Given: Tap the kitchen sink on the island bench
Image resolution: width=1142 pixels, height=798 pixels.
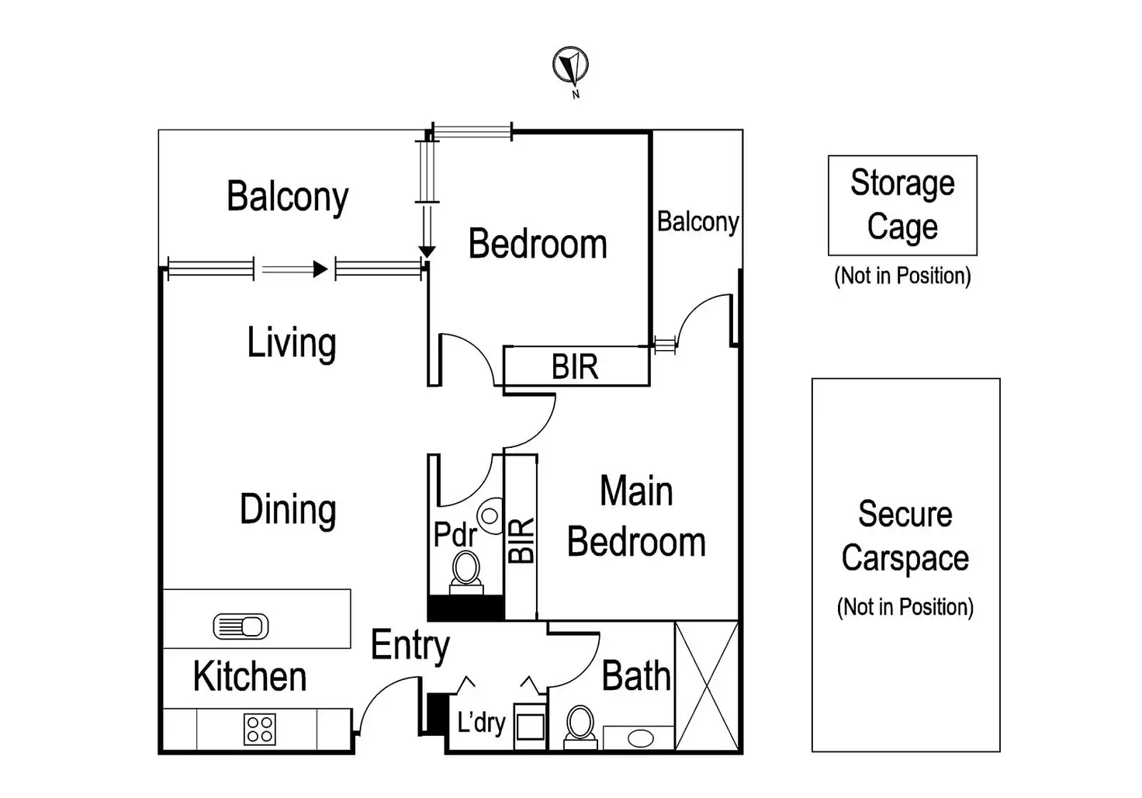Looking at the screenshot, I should coord(241,626).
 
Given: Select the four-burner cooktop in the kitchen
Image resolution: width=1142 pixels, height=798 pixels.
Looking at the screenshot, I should coord(259,730).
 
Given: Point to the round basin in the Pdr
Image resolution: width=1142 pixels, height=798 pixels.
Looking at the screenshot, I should coord(490,515).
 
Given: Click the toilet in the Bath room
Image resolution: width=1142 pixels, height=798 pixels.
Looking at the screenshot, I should coord(580,725).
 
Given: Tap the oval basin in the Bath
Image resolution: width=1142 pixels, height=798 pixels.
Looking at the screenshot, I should coord(640,737).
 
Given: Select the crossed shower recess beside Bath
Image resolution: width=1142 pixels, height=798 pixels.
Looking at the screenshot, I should coord(706,685).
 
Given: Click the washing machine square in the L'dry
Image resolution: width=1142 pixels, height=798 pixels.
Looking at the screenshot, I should coord(531,727).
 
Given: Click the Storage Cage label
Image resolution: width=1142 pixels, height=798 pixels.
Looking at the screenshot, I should coord(902,204).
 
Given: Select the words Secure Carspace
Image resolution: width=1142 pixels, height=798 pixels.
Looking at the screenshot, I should coord(905,536).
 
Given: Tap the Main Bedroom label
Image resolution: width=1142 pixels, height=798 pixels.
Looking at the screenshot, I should coord(636,517).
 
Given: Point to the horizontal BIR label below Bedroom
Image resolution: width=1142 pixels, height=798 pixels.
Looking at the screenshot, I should coord(575,367).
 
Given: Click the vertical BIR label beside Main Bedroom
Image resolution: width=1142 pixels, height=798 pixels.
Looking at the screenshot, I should coord(521,540).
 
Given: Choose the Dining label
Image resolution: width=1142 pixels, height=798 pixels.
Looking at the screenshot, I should coord(288,510).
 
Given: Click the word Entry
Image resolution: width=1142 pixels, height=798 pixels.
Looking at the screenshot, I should coord(410,645).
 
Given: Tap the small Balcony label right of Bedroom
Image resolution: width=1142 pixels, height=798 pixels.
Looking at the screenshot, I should coord(697,222).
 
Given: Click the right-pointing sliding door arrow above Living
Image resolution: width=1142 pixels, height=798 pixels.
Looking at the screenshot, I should coord(319,269).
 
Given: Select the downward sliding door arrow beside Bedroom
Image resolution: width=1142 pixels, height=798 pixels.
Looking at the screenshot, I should coord(427,251).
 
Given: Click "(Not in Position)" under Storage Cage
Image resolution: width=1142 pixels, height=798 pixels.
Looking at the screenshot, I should coord(902,276).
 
